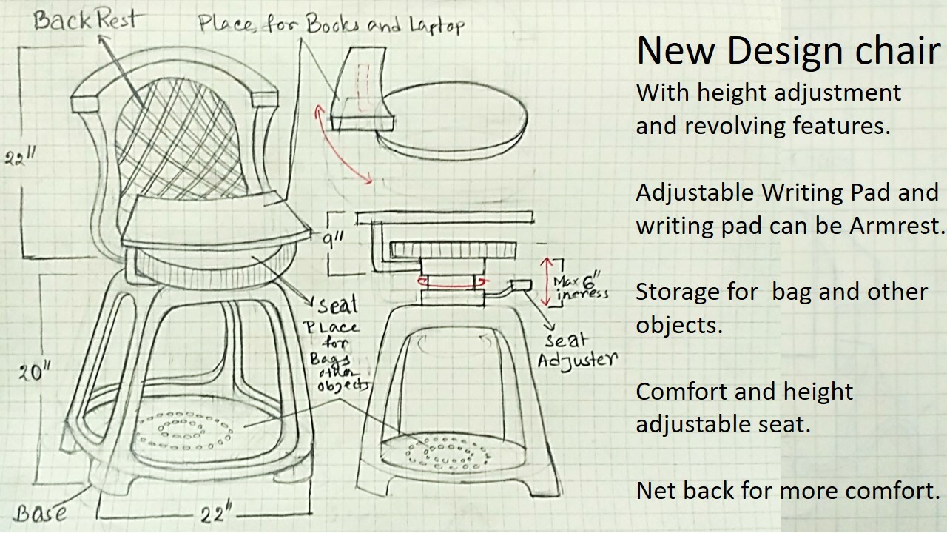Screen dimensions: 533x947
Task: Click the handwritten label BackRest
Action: (x=84, y=19)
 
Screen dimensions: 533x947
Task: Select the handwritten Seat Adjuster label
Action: (x=577, y=350)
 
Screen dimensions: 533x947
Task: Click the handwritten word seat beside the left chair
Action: (x=337, y=304)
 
